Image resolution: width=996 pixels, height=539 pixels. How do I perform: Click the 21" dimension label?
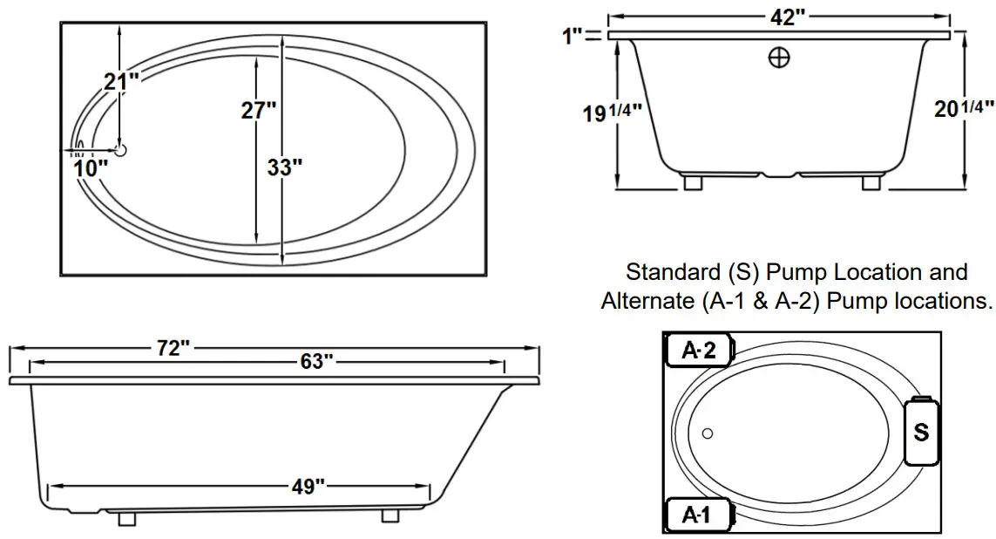(x=121, y=82)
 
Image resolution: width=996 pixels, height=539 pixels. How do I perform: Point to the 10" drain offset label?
(x=91, y=167)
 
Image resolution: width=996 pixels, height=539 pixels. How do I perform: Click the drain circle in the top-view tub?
(x=120, y=150)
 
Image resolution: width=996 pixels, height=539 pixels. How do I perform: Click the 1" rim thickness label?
(x=572, y=36)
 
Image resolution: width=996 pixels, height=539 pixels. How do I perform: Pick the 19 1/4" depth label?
(x=613, y=112)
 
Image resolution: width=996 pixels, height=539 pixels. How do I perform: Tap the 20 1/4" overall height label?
(x=963, y=109)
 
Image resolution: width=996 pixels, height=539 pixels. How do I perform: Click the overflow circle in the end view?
(x=780, y=57)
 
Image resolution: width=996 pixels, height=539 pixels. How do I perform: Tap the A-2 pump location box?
(x=700, y=351)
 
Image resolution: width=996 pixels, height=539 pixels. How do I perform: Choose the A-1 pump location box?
(x=700, y=515)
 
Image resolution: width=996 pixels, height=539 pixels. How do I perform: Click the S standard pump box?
(x=921, y=431)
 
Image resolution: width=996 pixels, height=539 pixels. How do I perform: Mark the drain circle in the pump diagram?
(x=708, y=433)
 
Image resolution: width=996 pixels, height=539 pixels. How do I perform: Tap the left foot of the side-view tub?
(x=126, y=517)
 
